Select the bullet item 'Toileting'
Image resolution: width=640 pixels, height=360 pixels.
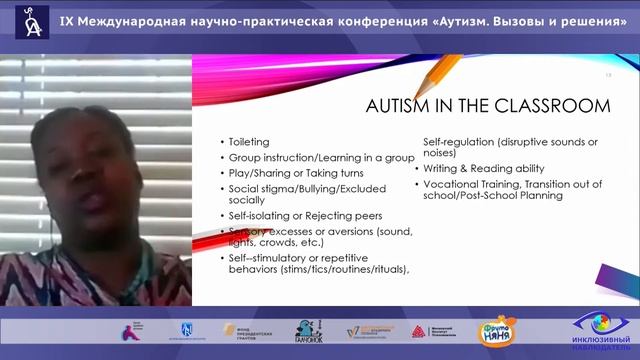click(249, 142)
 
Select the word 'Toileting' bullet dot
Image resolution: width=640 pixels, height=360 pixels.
click(221, 143)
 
